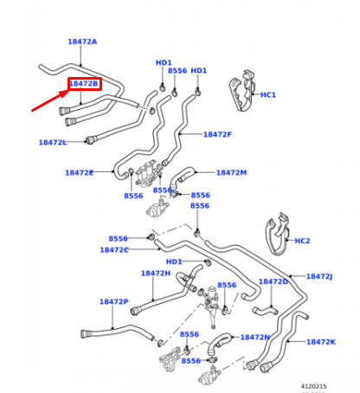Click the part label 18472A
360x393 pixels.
tap(82, 42)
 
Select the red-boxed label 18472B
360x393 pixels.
tap(85, 84)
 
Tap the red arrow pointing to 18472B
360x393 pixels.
tap(50, 100)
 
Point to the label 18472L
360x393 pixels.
tap(53, 142)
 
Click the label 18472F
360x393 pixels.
tap(217, 134)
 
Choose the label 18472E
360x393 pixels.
tap(79, 173)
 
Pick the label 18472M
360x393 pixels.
tap(231, 172)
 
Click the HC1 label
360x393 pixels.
tap(268, 94)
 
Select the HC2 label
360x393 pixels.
tap(302, 241)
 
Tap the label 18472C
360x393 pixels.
tap(114, 250)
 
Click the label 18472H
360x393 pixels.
tap(156, 274)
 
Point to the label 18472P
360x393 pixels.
tap(114, 302)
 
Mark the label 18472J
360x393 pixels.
tap(319, 276)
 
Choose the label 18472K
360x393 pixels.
tap(321, 342)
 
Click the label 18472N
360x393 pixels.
tap(255, 338)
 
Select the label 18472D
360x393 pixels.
tap(273, 281)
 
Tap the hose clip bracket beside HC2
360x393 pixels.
tap(278, 235)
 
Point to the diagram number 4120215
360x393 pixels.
tap(313, 386)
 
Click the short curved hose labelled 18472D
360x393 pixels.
tap(266, 311)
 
